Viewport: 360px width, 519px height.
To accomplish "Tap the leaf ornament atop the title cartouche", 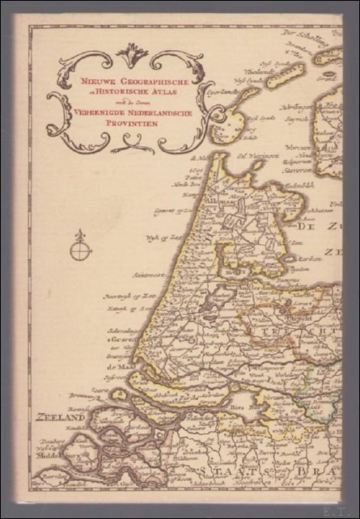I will pyautogui.click(x=132, y=55).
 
